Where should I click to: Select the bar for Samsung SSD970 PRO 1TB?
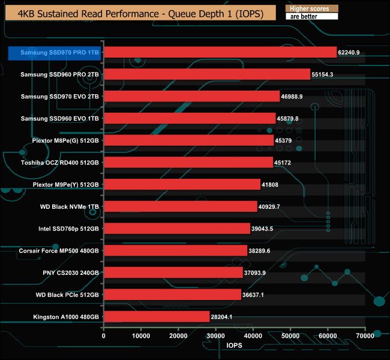coord(220,52)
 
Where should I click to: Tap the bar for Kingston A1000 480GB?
coord(157,316)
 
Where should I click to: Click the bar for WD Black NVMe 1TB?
coord(181,206)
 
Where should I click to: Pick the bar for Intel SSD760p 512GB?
coord(177,228)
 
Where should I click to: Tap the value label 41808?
coord(271,185)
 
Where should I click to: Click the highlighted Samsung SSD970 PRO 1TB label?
coord(55,53)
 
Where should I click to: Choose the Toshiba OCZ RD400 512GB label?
coord(59,163)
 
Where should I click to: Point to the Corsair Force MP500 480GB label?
coord(59,250)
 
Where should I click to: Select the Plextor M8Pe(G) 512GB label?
coord(65,140)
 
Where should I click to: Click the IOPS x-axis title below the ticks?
coord(235,346)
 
